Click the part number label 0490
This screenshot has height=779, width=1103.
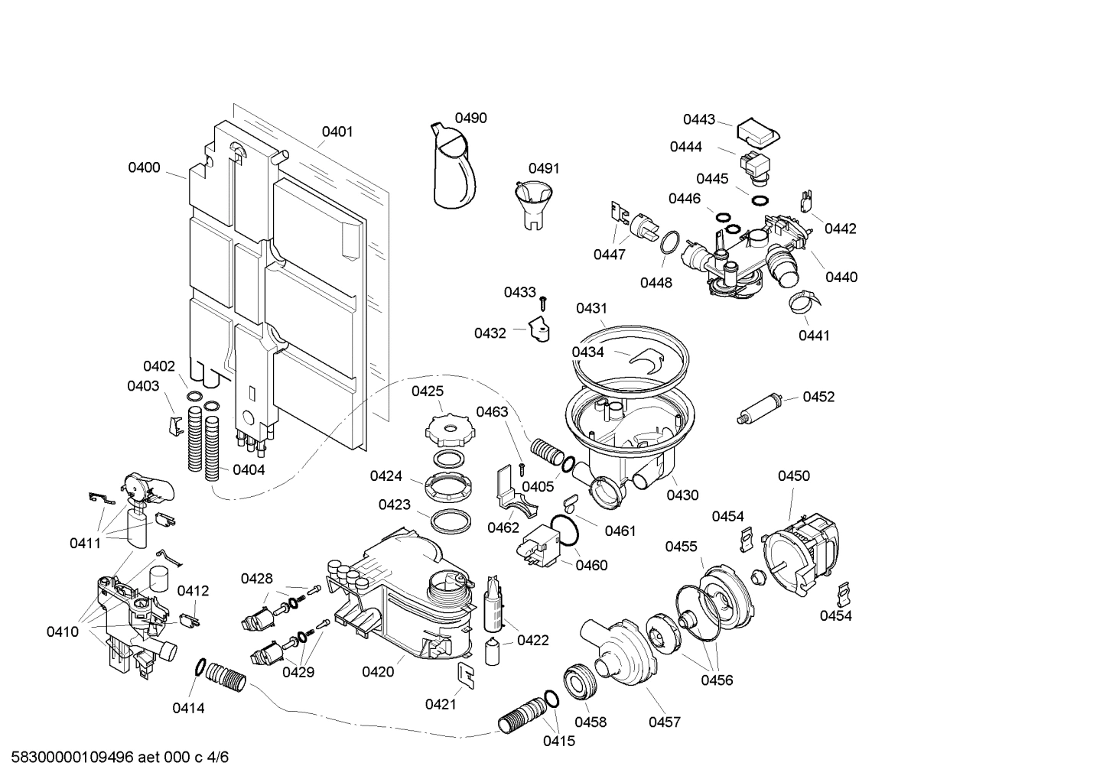pos(470,118)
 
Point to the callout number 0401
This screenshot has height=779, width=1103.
pos(337,131)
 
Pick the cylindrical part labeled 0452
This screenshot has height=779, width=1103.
pos(759,407)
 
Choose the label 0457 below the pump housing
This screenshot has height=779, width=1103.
pos(664,722)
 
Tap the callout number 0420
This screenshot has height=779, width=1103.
pos(378,671)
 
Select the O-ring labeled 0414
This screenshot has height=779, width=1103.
pos(200,667)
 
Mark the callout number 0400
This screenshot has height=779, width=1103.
pos(144,167)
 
